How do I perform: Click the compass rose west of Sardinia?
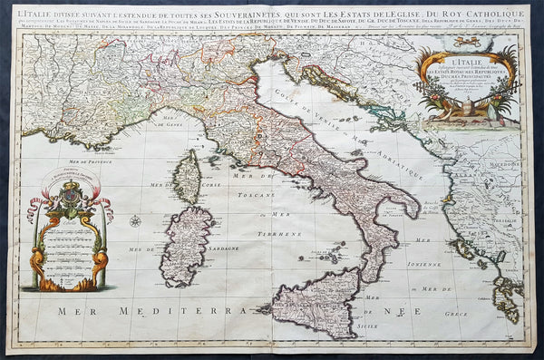coord(135,220)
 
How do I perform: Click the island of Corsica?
coord(188,176)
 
